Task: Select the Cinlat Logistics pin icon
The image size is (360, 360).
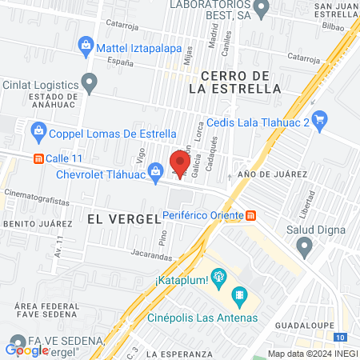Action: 90,82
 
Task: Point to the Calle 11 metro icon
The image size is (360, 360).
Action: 37,158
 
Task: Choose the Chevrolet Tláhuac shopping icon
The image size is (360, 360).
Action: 157,169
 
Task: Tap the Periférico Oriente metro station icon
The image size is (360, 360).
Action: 251,215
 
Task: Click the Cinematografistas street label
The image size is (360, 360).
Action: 32,193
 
